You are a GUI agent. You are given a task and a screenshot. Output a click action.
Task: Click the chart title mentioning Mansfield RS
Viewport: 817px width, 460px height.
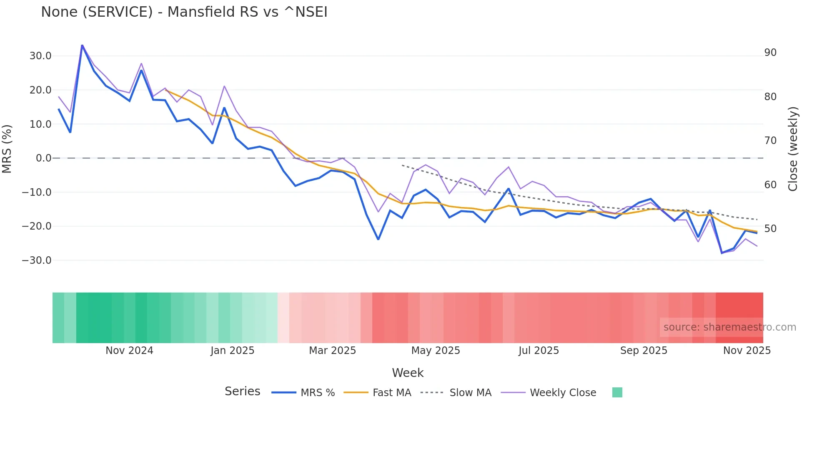click(184, 12)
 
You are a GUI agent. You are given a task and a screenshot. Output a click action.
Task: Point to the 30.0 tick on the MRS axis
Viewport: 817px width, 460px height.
click(40, 56)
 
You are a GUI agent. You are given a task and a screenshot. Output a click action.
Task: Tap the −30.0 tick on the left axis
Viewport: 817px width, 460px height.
click(37, 260)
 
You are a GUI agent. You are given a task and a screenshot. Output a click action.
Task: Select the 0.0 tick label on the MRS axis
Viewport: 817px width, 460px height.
click(43, 158)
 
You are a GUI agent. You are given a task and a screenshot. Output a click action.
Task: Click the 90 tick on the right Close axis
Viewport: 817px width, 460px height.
click(770, 53)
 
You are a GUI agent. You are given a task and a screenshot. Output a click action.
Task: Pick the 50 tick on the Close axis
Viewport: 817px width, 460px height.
click(770, 229)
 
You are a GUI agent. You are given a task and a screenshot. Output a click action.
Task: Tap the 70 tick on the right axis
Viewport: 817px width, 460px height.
click(770, 141)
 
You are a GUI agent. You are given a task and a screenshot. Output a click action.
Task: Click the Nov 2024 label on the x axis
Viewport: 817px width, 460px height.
click(129, 351)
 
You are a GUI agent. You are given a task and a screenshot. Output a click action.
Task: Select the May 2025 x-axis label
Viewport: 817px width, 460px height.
click(436, 351)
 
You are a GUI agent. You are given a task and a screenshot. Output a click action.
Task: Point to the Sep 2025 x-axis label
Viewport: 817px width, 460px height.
click(644, 351)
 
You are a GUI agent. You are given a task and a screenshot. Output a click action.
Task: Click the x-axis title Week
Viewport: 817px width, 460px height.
click(408, 373)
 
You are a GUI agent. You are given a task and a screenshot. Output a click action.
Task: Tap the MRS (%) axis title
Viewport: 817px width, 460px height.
click(7, 149)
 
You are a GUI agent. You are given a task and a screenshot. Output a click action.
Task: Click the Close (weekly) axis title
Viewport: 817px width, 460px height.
click(793, 149)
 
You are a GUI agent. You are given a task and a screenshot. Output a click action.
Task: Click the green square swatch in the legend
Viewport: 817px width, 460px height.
click(617, 392)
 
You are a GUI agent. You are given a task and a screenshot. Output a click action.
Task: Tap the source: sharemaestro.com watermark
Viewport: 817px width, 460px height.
click(729, 327)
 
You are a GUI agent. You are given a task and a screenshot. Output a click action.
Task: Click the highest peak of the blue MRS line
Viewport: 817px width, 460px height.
click(82, 45)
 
